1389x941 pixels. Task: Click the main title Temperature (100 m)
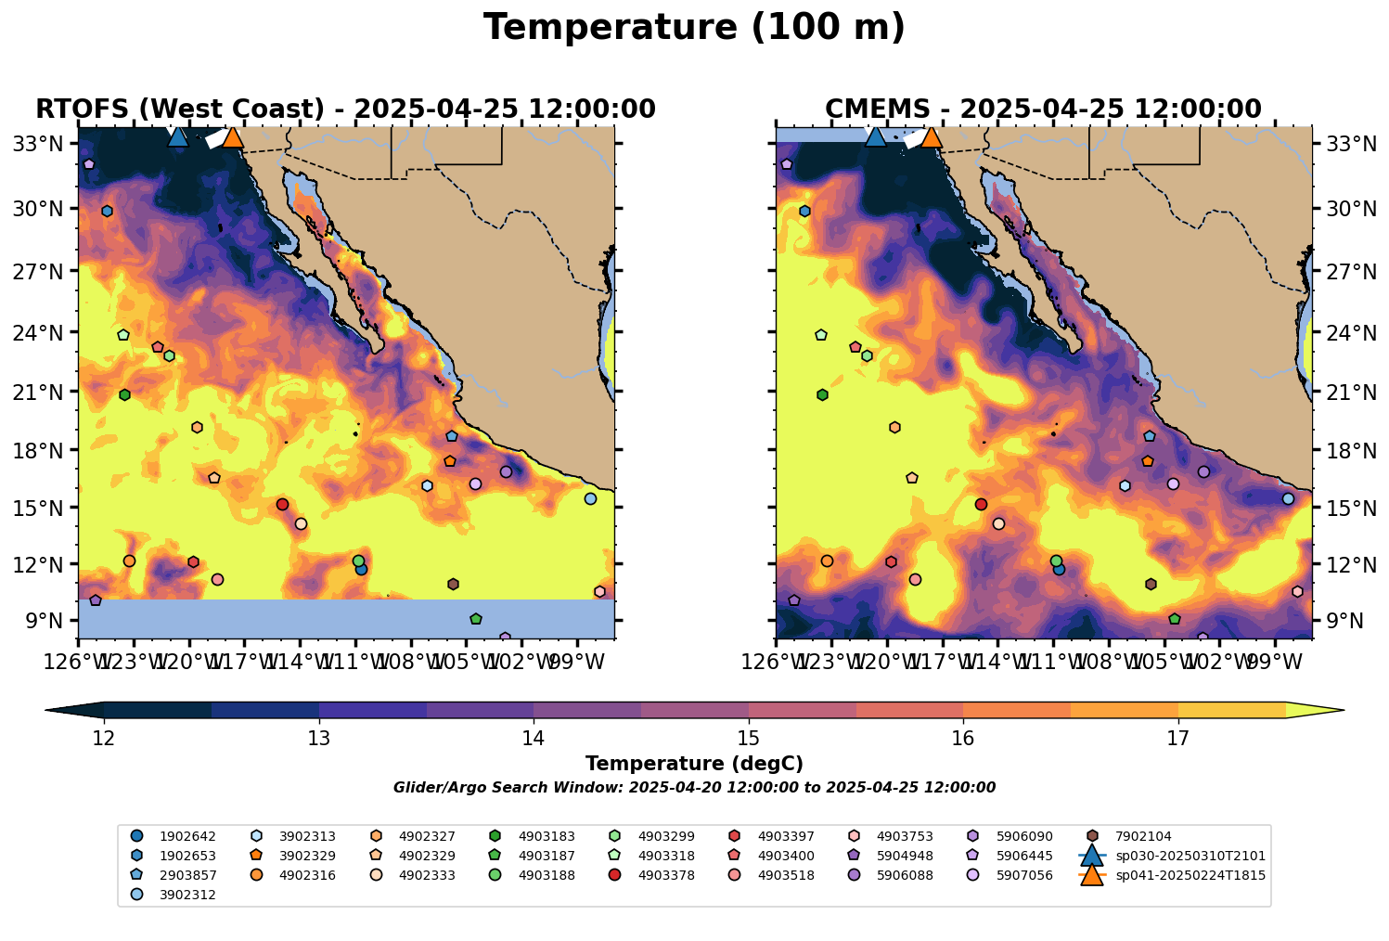(x=694, y=28)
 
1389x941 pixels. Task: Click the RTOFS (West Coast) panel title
(x=345, y=110)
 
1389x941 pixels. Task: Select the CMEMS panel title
(x=1043, y=110)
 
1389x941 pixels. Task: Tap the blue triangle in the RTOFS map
(x=178, y=136)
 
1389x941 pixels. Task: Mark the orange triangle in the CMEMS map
(x=931, y=137)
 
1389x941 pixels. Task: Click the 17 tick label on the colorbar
(x=1177, y=739)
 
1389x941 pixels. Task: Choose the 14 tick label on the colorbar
(x=534, y=739)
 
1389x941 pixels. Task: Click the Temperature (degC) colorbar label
(x=694, y=764)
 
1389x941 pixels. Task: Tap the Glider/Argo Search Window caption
(x=694, y=788)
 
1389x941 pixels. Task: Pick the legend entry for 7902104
(x=1145, y=836)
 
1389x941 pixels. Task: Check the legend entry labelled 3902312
(x=187, y=895)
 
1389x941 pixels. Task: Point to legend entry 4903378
(x=666, y=875)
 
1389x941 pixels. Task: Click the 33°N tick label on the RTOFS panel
(x=45, y=144)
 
